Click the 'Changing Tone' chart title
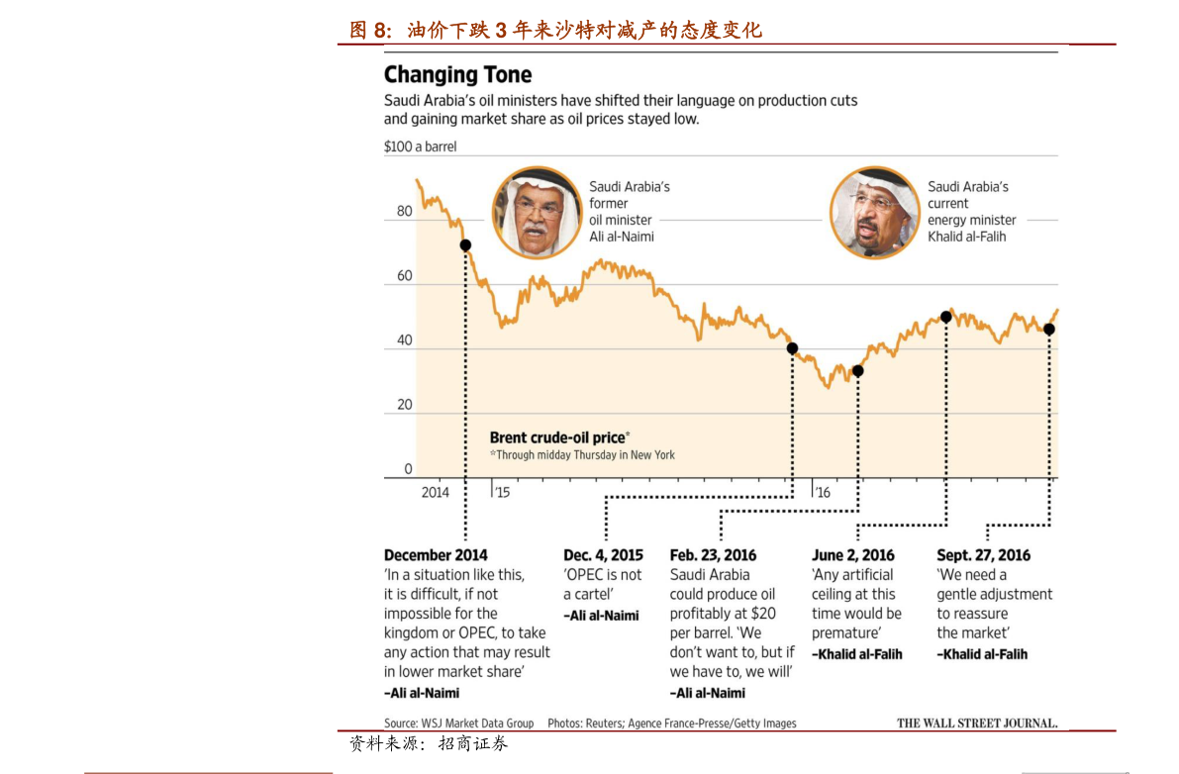[457, 75]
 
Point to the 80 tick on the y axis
[404, 211]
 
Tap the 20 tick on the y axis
[404, 405]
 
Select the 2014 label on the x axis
[435, 492]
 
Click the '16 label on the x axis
[822, 492]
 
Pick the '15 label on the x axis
[503, 492]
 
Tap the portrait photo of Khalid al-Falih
[874, 212]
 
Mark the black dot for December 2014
[465, 245]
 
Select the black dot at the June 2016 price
[857, 371]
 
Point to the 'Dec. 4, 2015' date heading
[603, 555]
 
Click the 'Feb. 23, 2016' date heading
[713, 555]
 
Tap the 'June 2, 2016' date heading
[852, 555]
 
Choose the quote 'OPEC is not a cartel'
[602, 584]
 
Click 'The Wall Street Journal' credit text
[976, 723]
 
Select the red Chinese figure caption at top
[555, 31]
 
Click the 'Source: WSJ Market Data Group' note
[458, 724]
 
